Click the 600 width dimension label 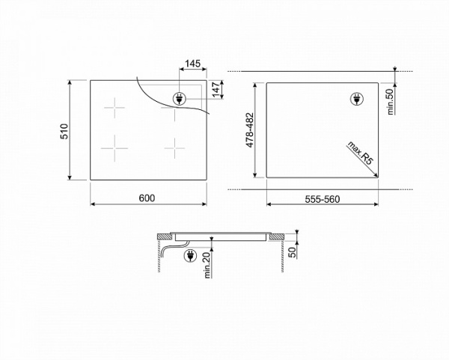pyautogui.click(x=147, y=198)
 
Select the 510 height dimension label pyautogui.click(x=65, y=131)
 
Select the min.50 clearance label pyautogui.click(x=390, y=99)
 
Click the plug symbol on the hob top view pyautogui.click(x=180, y=98)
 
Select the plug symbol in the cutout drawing pyautogui.click(x=358, y=99)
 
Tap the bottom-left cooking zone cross pyautogui.click(x=114, y=146)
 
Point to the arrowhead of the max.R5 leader pyautogui.click(x=376, y=176)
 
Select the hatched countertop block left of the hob pyautogui.click(x=162, y=237)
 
